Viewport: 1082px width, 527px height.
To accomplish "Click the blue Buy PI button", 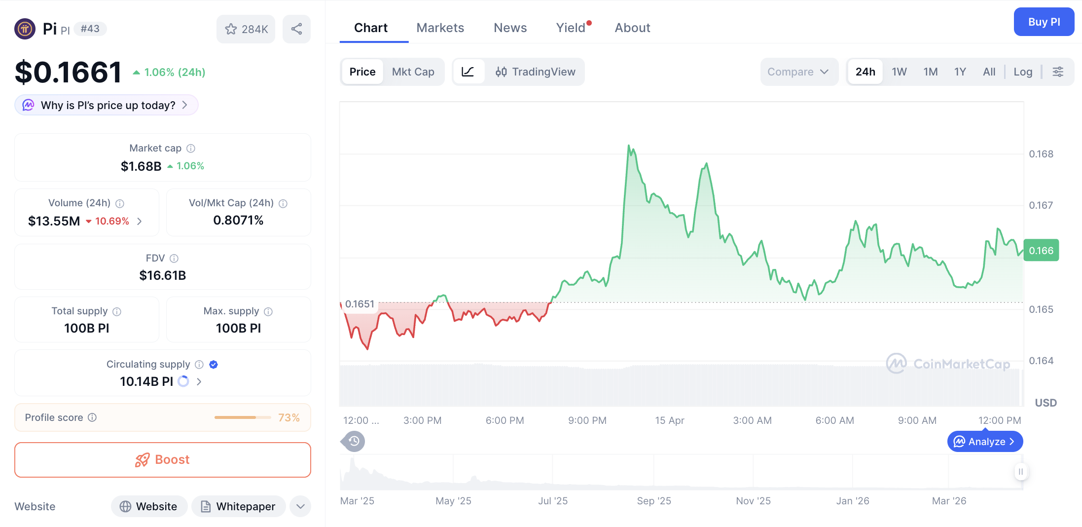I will [x=1044, y=22].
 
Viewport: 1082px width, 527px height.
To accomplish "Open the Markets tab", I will [x=440, y=28].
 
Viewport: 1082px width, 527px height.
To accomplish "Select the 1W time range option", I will [x=899, y=72].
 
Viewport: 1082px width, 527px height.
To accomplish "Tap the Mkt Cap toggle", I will [x=413, y=72].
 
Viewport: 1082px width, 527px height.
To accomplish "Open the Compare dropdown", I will [x=798, y=72].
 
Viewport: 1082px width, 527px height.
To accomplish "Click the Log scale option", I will [x=1022, y=72].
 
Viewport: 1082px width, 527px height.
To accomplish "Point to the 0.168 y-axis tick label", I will [x=1041, y=154].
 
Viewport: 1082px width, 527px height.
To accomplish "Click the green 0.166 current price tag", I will [x=1041, y=251].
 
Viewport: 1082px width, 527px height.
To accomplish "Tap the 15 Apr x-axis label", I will [x=669, y=420].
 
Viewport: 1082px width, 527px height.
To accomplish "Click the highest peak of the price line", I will [x=629, y=146].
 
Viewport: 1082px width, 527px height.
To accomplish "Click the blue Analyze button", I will [x=984, y=442].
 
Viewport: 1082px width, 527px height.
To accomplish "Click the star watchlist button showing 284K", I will [x=246, y=29].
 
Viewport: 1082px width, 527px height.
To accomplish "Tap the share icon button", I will [x=296, y=29].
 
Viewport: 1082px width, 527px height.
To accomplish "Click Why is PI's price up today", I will [x=107, y=105].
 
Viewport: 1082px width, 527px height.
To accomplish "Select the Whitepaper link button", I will [x=239, y=506].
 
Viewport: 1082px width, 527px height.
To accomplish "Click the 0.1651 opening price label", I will [x=360, y=304].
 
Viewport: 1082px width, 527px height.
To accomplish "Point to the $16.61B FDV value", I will [x=162, y=275].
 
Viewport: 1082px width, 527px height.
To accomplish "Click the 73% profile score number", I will [x=289, y=417].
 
